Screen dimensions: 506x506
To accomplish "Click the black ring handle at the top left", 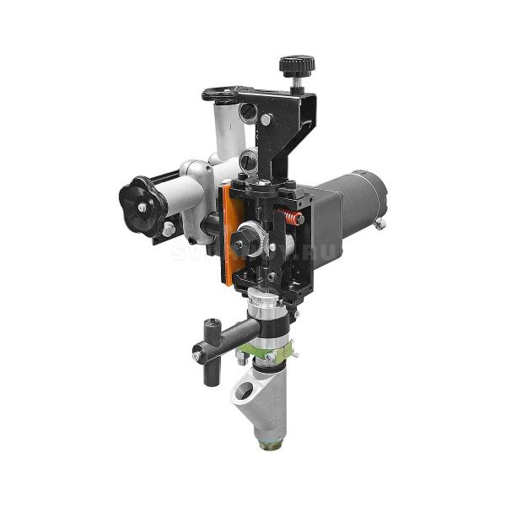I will click(226, 94).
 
